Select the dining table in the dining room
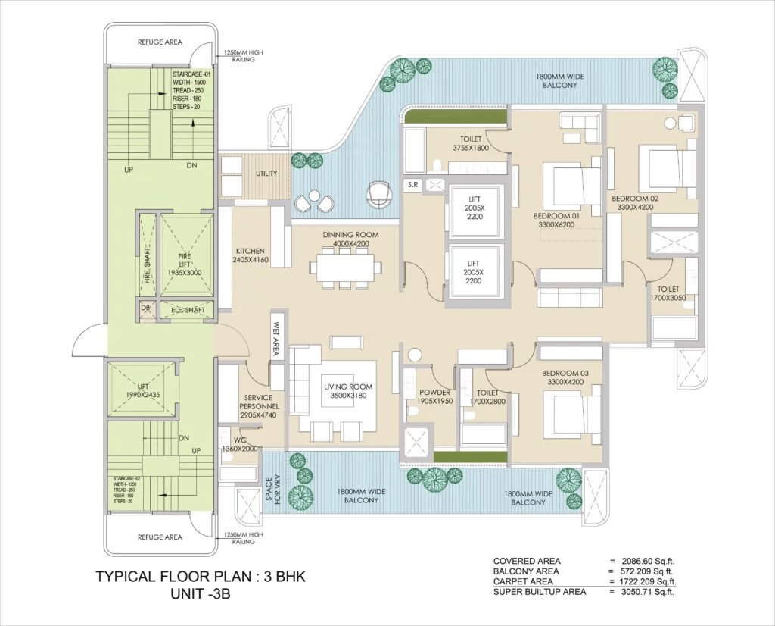[x=344, y=268]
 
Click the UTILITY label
[x=266, y=174]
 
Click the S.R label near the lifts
[x=412, y=184]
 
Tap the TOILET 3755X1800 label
[x=471, y=144]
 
